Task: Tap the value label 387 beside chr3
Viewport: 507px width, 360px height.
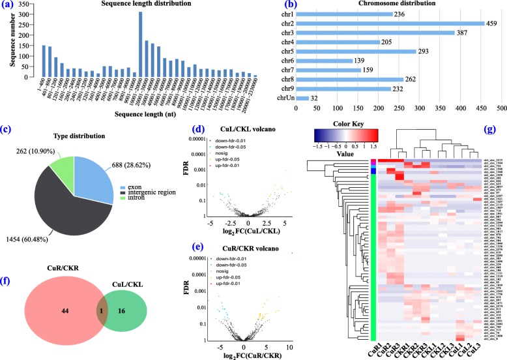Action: click(465, 33)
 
